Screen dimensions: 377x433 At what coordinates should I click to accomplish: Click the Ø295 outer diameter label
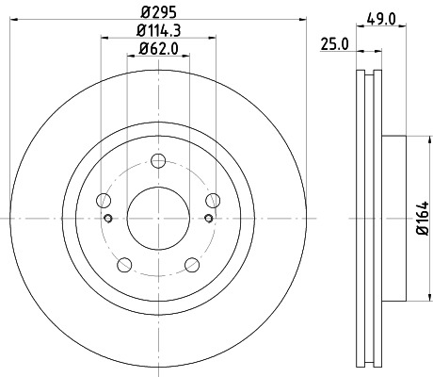158,12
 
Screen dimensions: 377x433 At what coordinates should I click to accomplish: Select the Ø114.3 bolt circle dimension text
158,31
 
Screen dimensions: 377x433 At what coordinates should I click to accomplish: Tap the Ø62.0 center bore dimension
158,49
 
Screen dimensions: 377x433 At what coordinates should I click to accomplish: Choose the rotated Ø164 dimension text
423,218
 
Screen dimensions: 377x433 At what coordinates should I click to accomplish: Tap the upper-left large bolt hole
104,200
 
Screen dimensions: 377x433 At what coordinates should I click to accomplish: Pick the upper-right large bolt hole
213,200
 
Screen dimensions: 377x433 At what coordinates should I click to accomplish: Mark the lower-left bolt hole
124,265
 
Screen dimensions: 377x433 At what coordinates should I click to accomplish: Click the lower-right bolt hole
192,265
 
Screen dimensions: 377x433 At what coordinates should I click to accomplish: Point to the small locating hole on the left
110,220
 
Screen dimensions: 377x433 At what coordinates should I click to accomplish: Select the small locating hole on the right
206,220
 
